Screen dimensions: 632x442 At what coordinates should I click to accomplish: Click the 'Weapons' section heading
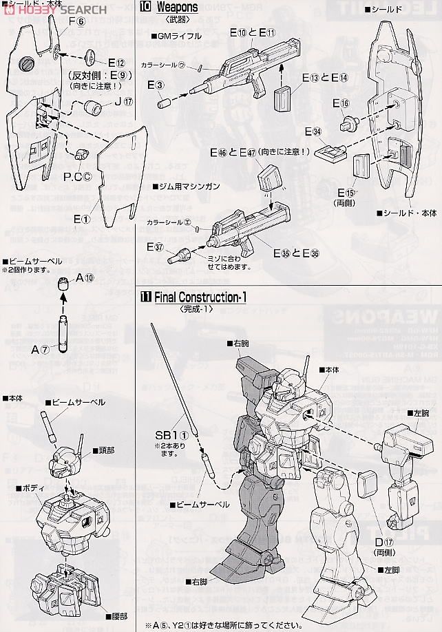tap(178, 8)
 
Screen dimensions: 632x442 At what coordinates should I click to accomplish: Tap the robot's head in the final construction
tap(286, 394)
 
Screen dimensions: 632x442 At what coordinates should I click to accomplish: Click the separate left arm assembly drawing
tap(406, 468)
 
